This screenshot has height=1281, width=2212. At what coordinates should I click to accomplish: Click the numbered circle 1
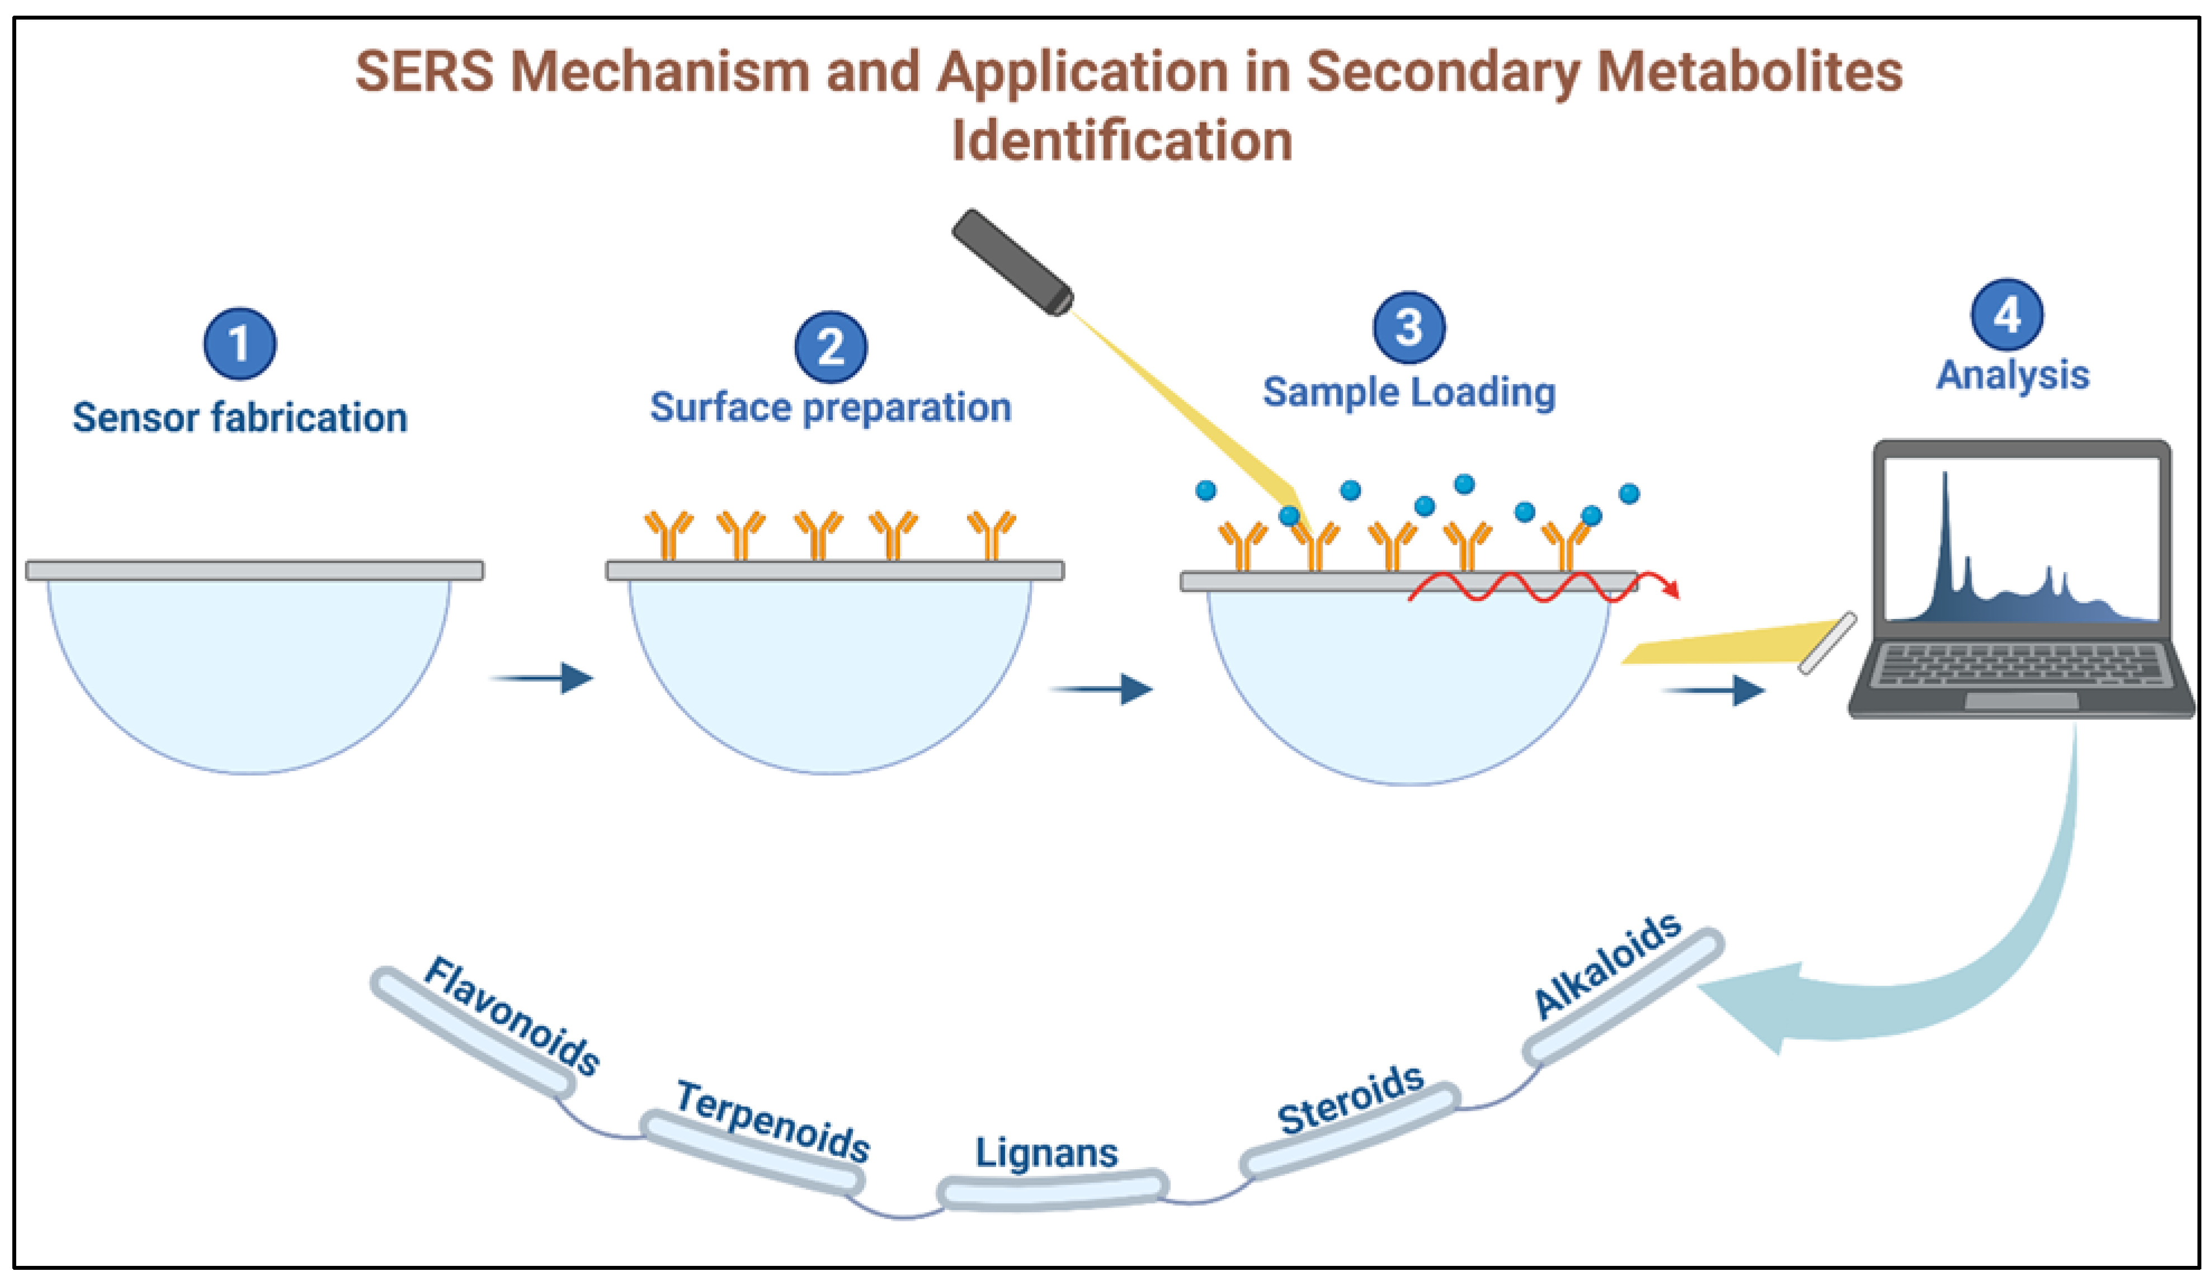point(239,343)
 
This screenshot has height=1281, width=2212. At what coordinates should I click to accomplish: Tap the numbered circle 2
point(831,347)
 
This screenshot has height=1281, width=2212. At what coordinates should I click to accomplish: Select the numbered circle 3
point(1409,327)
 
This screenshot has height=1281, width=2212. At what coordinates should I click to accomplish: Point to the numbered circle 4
point(2007,314)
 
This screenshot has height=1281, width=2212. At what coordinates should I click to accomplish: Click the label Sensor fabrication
point(239,418)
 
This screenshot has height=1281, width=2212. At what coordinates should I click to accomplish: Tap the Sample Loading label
point(1409,392)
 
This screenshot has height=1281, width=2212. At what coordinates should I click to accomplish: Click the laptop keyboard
point(2019,665)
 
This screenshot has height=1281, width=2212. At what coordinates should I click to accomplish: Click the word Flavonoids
point(512,1016)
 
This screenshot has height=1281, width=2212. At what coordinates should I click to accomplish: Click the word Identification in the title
point(1122,140)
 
